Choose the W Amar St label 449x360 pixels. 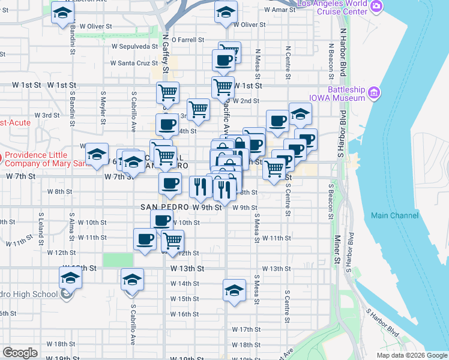280,10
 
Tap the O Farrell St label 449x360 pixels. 188,40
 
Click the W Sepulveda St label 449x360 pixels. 133,46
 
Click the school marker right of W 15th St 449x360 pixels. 234,290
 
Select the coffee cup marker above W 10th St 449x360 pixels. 161,220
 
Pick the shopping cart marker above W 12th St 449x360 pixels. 173,241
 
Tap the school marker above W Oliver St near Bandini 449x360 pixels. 62,13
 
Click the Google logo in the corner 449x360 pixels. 20,353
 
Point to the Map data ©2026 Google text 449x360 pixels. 411,355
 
